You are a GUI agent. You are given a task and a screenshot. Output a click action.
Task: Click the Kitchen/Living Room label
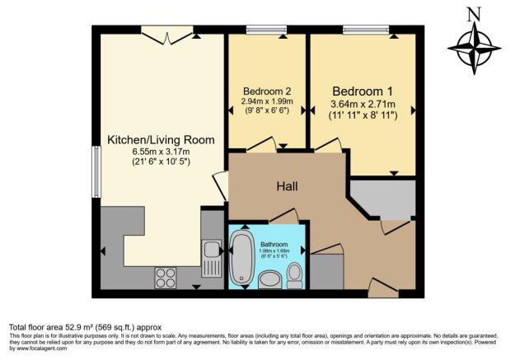[161, 140]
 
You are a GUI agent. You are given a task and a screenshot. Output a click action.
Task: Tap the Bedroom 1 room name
[364, 91]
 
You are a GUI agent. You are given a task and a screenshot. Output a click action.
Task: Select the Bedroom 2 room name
[267, 91]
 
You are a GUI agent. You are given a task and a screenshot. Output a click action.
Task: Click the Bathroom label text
[274, 245]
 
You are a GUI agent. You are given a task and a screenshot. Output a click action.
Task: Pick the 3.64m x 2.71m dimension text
[364, 105]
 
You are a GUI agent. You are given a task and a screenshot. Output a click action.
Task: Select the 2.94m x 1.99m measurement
[267, 101]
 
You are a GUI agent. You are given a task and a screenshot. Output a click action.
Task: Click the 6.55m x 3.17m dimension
[161, 152]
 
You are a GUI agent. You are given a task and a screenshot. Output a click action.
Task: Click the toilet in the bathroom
[294, 275]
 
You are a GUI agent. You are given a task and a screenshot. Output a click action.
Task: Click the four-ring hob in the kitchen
[166, 278]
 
